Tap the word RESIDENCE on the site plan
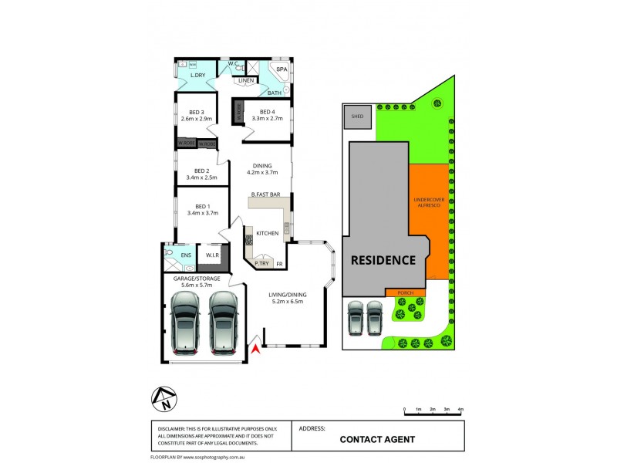pos(383,260)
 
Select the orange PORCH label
pos(406,292)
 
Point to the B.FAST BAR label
pos(265,195)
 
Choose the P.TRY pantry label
pos(261,264)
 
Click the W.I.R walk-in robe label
pos(214,255)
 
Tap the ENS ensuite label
pos(185,255)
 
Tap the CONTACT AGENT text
pos(378,439)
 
